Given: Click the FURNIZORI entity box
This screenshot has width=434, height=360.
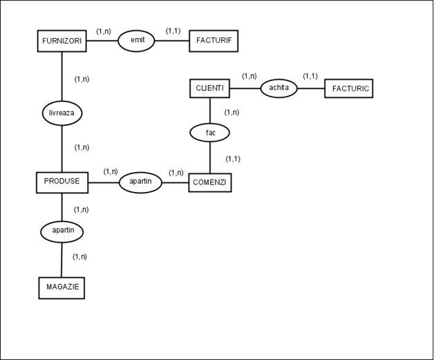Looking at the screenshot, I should click(62, 41).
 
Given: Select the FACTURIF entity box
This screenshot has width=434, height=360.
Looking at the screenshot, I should click(214, 41).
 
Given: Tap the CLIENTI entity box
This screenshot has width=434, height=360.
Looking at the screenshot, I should click(209, 88).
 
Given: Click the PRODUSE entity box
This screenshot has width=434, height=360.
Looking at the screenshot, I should click(62, 182).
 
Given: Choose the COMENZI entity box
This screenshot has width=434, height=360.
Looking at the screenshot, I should click(210, 182).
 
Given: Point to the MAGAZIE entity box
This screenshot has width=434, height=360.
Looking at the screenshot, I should click(62, 287).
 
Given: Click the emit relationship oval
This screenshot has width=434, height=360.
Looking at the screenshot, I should click(137, 41).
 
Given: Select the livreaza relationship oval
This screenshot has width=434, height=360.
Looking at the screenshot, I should click(62, 113).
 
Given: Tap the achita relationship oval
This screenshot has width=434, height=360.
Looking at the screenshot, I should click(279, 88).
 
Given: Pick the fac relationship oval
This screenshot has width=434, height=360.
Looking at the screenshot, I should click(210, 132).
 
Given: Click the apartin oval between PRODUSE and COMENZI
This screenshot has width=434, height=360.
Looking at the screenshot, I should click(140, 182).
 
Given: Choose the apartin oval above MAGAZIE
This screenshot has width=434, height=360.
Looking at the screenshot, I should click(62, 231).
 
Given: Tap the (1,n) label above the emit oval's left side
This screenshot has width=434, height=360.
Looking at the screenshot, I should click(104, 31).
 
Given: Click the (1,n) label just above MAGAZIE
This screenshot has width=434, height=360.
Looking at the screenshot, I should click(79, 257).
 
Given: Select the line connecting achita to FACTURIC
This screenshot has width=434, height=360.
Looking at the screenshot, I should click(311, 88).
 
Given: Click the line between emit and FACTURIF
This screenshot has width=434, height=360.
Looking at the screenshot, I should click(171, 41).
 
